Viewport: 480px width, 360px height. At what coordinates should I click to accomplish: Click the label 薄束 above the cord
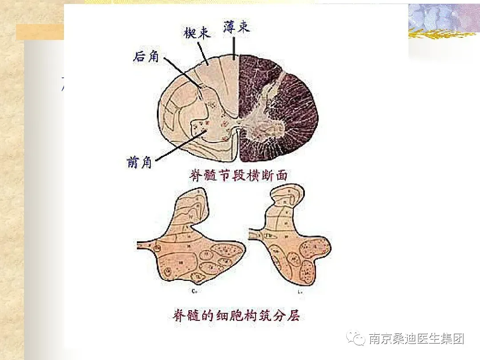click(x=236, y=28)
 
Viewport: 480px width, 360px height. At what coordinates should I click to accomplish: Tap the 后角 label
click(x=146, y=56)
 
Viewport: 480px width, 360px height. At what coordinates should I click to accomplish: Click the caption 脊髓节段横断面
click(x=239, y=176)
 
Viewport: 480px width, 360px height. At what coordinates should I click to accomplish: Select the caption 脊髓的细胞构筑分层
click(x=236, y=316)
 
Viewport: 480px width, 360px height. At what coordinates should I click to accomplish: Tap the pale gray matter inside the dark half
click(x=267, y=120)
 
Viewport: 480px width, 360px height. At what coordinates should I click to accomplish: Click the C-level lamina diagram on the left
click(x=191, y=244)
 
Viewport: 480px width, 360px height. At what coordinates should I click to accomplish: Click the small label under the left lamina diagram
click(x=194, y=291)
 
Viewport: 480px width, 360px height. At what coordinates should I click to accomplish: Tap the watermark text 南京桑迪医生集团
click(x=416, y=339)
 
